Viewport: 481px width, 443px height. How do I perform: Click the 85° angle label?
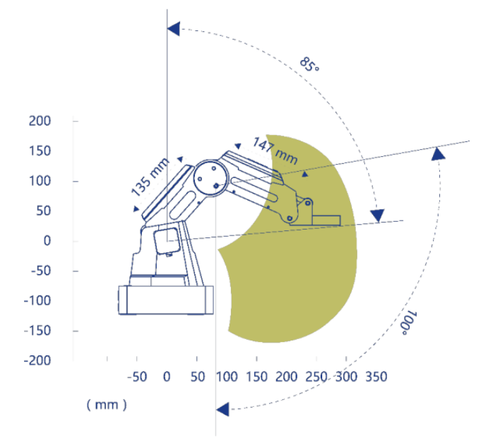[309, 64]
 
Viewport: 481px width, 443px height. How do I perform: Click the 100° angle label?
[409, 323]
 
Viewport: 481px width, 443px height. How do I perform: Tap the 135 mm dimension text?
[150, 177]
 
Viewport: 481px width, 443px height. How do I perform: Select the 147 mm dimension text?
[275, 150]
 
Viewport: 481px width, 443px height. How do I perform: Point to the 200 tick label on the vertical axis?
[40, 122]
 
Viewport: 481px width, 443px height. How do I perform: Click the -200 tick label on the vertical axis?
[37, 360]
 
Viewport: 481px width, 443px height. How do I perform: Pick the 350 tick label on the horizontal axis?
[376, 377]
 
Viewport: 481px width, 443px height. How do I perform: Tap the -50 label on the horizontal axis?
[137, 377]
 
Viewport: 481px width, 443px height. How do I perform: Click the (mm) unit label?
[107, 405]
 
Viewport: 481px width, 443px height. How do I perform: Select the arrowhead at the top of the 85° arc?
[174, 29]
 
